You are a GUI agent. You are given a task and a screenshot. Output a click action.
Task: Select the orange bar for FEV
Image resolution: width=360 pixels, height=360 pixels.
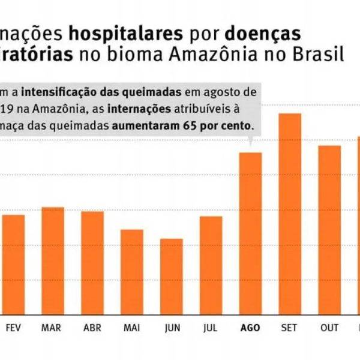(13, 264)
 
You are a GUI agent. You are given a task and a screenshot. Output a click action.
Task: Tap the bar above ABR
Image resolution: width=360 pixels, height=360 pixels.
(92, 262)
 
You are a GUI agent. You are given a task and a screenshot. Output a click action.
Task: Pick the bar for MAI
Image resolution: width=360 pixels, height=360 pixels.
(132, 271)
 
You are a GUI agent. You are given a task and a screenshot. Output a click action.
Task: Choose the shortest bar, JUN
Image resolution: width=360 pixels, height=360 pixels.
(172, 276)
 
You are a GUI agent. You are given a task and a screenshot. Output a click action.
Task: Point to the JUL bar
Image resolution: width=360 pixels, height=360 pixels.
(211, 265)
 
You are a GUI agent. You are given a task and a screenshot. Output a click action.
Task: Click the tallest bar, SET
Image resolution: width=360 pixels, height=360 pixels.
(290, 213)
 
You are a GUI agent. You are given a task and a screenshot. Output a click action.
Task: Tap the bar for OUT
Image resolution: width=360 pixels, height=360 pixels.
(329, 229)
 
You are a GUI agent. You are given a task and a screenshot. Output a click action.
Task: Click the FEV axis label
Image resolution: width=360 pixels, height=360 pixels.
(13, 328)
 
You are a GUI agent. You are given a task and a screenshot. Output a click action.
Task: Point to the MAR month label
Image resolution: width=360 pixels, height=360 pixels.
(53, 328)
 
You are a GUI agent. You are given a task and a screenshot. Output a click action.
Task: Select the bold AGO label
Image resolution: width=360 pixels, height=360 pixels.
(250, 328)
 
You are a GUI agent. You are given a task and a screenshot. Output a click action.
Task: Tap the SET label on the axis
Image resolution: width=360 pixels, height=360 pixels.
(290, 328)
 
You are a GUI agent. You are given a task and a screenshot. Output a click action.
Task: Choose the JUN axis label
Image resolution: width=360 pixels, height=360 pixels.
(172, 328)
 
